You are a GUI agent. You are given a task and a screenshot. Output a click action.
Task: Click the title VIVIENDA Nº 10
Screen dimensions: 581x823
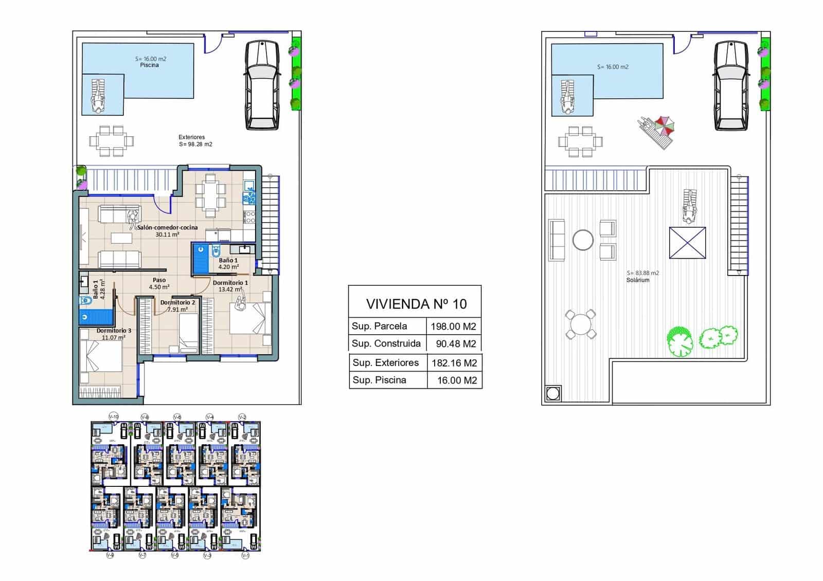(416, 304)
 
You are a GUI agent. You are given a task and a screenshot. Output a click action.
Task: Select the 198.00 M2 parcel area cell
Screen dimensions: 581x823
(454, 326)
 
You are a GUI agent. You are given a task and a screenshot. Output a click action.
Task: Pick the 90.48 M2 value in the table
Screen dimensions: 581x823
(456, 344)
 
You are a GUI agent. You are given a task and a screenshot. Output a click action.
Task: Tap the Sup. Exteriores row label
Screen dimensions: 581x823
(386, 362)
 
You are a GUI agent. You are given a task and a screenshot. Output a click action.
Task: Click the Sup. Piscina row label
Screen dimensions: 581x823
(379, 380)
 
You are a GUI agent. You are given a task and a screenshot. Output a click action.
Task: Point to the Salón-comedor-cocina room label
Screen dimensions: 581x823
(167, 227)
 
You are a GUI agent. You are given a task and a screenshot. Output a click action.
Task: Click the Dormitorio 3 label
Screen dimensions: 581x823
(114, 331)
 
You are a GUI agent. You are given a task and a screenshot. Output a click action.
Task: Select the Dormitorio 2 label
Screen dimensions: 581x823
(177, 302)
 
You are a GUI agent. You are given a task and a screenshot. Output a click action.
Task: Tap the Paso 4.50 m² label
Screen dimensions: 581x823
(159, 284)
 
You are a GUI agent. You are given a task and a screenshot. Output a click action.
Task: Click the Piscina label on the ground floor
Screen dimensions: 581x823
(149, 65)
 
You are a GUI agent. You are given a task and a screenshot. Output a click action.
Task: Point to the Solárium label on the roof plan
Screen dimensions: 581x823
(638, 280)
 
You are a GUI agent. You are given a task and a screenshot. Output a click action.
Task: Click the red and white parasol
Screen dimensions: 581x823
(665, 125)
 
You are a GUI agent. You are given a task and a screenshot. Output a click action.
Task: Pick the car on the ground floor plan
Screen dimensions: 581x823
(262, 85)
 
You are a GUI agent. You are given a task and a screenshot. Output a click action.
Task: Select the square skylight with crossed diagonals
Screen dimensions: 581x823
(687, 243)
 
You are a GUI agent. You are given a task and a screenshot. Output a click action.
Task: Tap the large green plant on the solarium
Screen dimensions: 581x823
(679, 342)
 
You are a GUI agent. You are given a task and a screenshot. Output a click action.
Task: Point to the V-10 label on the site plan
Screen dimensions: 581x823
(114, 416)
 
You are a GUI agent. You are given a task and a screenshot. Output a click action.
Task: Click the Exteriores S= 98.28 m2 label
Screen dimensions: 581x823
(195, 141)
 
